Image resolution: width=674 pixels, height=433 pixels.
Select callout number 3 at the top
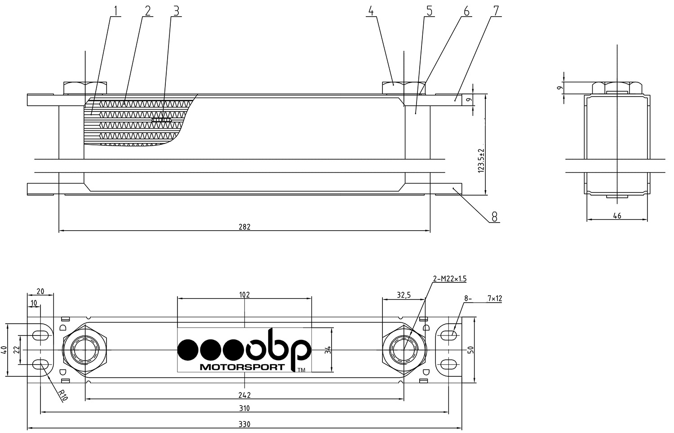[x=176, y=11]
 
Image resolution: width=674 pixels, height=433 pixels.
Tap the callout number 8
[x=494, y=217]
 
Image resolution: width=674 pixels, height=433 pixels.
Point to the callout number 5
[x=430, y=11]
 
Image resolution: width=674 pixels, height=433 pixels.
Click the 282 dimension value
[x=244, y=227]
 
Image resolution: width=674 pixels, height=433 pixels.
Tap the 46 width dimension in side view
[x=617, y=215]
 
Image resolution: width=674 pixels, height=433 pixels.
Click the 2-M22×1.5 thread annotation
[x=449, y=279]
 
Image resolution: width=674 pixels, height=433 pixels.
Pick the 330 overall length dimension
[x=244, y=424]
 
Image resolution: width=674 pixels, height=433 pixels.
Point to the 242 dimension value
[x=244, y=395]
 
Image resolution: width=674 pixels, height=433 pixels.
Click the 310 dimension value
[x=244, y=408]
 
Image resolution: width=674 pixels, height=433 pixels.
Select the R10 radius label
[x=63, y=395]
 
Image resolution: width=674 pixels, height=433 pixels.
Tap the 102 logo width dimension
[x=244, y=295]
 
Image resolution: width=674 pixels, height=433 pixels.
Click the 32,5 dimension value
[x=404, y=295]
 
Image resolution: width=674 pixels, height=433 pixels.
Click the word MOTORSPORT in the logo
[x=242, y=367]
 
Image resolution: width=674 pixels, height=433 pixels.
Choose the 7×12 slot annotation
[x=495, y=299]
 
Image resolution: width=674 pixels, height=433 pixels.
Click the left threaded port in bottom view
[x=85, y=350]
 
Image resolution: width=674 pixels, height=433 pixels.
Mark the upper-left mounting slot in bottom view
[x=40, y=335]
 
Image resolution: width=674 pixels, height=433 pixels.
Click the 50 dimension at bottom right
[x=471, y=349]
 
